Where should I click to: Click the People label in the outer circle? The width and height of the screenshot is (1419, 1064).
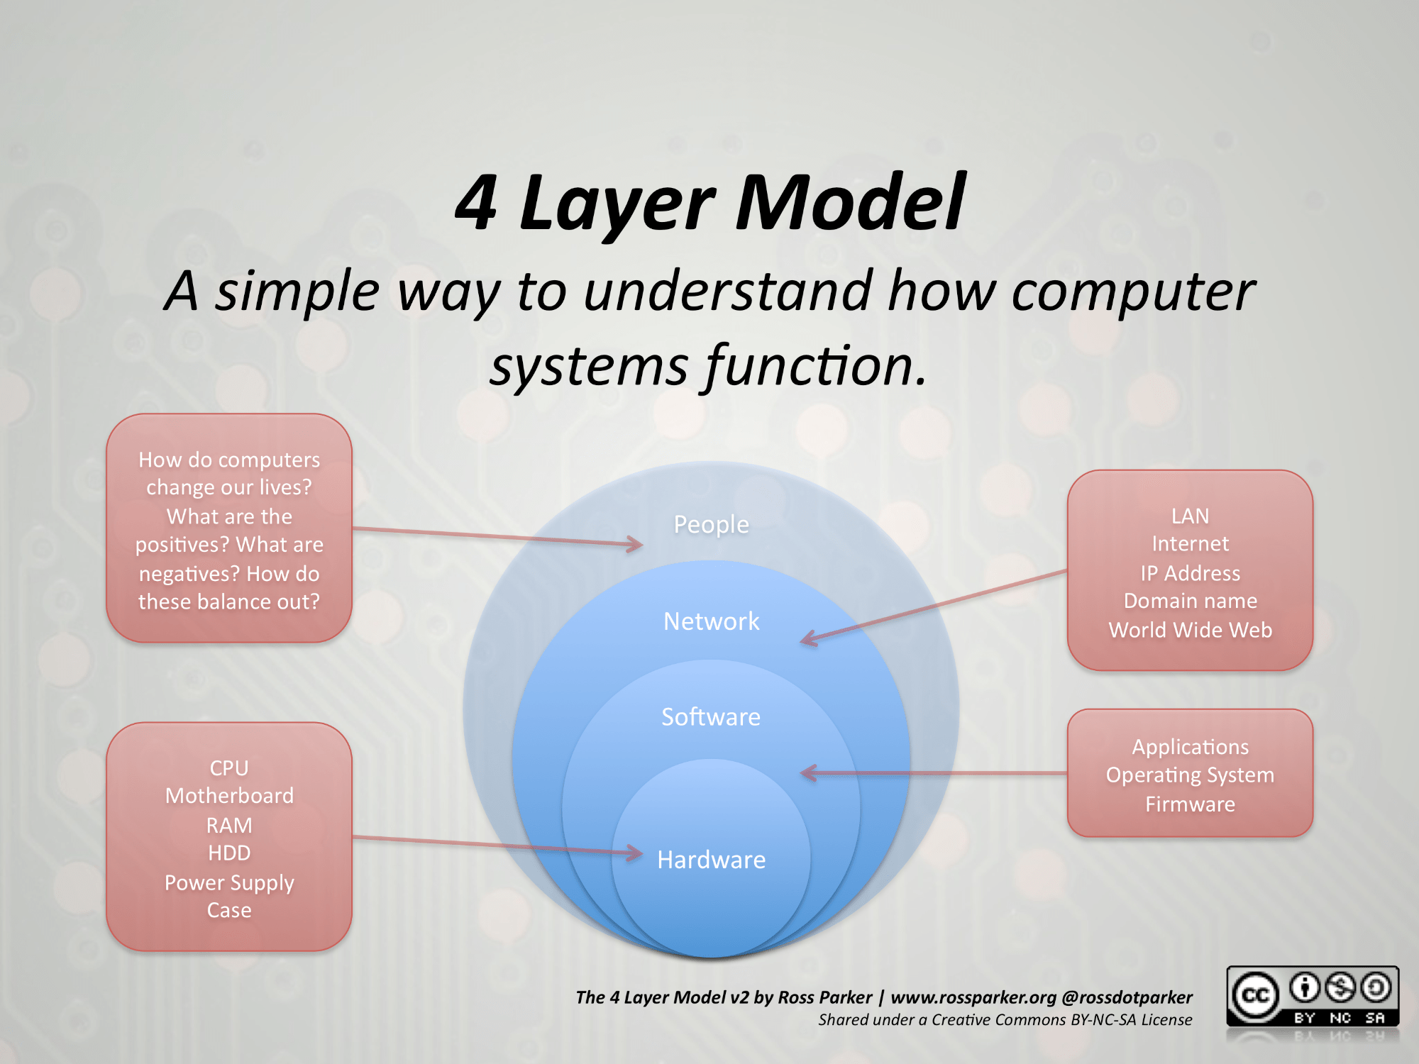711,524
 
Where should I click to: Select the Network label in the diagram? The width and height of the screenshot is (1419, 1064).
711,621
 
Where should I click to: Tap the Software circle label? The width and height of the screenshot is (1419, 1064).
711,717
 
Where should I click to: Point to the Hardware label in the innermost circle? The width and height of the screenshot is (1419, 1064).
711,860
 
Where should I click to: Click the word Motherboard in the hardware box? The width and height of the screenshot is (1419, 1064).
229,796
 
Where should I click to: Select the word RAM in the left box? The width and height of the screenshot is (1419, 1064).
229,825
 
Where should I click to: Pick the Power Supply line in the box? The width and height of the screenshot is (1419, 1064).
229,882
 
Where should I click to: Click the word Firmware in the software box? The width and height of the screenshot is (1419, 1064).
1190,804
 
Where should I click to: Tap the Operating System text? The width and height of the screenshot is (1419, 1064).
1190,775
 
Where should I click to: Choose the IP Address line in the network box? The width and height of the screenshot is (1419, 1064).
1190,573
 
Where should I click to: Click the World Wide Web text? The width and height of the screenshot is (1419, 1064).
1190,630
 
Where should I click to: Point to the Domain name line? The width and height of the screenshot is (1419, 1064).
1190,601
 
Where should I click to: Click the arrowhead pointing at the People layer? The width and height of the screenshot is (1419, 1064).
635,545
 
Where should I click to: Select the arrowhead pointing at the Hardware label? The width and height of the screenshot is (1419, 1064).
635,853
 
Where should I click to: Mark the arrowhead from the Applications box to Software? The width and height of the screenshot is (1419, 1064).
809,773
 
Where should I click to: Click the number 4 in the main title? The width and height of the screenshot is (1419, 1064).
477,203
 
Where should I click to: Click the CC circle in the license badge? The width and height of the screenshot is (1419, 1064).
1255,995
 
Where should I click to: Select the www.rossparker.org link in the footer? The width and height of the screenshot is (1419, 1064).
973,997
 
